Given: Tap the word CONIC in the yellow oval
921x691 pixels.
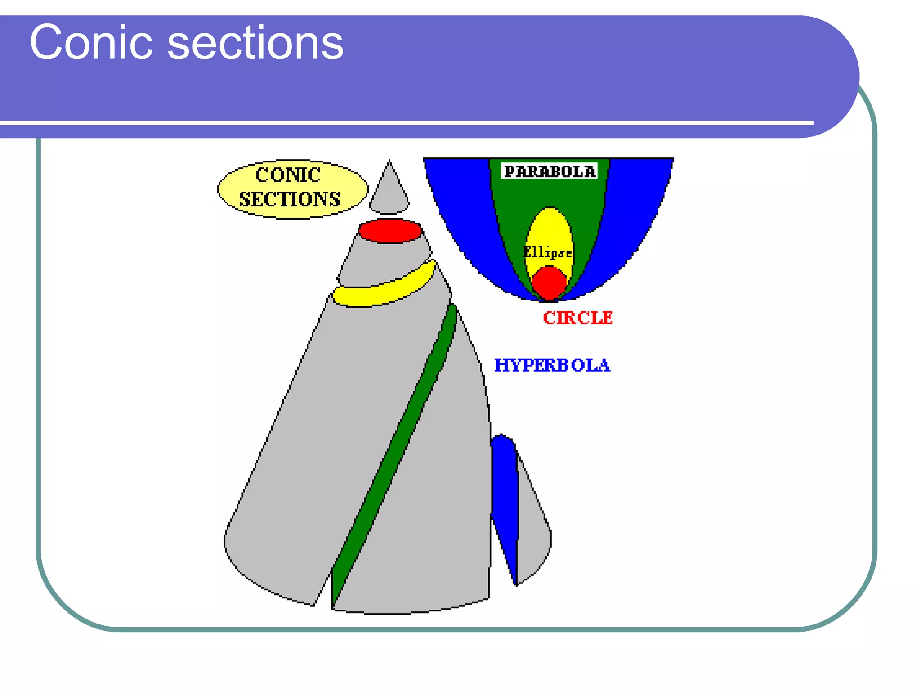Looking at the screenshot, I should click(288, 175).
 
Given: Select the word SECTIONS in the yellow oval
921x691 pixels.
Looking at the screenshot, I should click(290, 199).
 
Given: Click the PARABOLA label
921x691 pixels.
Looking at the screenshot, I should click(550, 171).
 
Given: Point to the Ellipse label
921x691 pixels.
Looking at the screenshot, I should click(547, 252).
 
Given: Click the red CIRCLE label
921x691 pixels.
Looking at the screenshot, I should click(577, 318).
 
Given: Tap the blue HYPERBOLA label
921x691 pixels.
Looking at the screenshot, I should click(552, 365).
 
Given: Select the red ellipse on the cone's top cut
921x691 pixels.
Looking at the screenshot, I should click(390, 231).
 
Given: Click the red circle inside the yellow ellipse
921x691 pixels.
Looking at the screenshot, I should click(549, 283).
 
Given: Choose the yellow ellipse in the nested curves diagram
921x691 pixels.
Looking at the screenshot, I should click(549, 229).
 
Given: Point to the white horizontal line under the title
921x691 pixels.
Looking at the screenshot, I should click(405, 122).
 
